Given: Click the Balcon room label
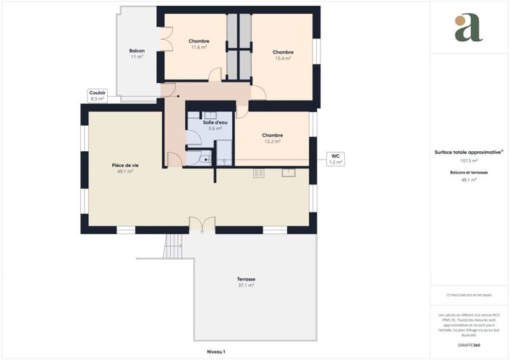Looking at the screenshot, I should pyautogui.click(x=137, y=53).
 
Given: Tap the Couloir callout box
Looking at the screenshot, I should pyautogui.click(x=98, y=95).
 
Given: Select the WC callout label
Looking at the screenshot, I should pyautogui.click(x=335, y=159).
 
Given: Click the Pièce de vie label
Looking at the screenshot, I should pyautogui.click(x=125, y=168).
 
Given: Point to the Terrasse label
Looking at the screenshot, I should pyautogui.click(x=246, y=282).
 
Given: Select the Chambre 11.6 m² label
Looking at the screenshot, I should pyautogui.click(x=199, y=44).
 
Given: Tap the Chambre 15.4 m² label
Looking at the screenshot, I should pyautogui.click(x=283, y=55).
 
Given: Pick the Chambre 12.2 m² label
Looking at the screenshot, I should pyautogui.click(x=273, y=138).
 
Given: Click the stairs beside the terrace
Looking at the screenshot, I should pyautogui.click(x=173, y=248).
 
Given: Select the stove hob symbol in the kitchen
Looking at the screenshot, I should pyautogui.click(x=258, y=173).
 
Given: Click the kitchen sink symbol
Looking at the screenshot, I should pyautogui.click(x=289, y=172).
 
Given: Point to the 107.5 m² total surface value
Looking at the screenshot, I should pyautogui.click(x=469, y=161).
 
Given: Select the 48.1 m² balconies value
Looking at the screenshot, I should pyautogui.click(x=469, y=180).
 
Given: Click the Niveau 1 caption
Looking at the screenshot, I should pyautogui.click(x=216, y=351).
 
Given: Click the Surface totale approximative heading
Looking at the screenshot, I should pyautogui.click(x=468, y=153).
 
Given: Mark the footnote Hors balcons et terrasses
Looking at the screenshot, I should pyautogui.click(x=469, y=295).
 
